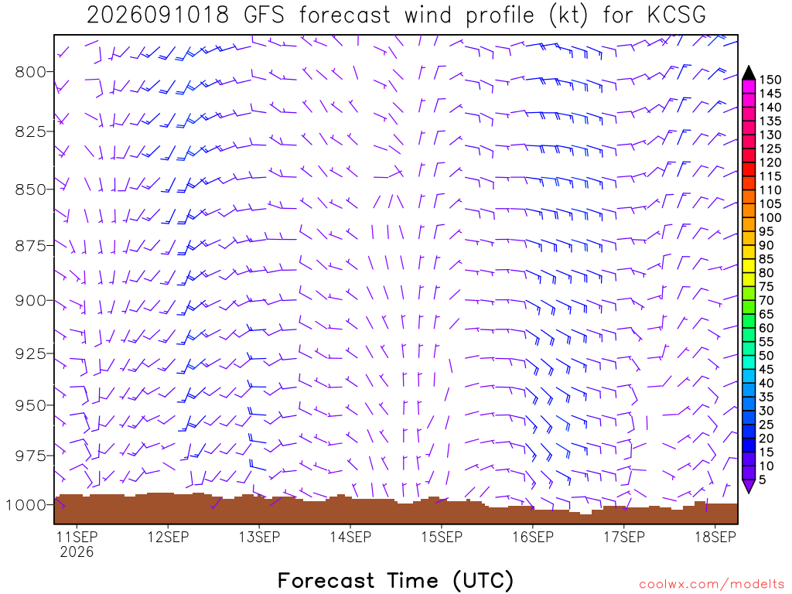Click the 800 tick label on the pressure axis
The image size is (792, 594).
(x=31, y=72)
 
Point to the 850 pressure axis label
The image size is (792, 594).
(x=31, y=190)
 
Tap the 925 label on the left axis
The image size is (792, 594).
(x=31, y=353)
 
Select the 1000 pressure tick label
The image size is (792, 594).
(x=26, y=504)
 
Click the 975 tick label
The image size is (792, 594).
(x=31, y=456)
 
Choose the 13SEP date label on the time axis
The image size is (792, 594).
(x=260, y=537)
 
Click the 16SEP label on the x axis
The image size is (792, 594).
(x=534, y=537)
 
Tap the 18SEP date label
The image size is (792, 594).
(x=715, y=537)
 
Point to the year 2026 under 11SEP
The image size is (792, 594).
(x=77, y=552)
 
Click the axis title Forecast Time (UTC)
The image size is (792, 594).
(x=395, y=580)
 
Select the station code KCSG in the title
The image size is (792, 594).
(x=677, y=15)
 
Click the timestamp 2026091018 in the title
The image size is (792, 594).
(x=158, y=15)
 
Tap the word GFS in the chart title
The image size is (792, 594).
(x=264, y=15)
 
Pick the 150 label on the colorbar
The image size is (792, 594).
(x=770, y=80)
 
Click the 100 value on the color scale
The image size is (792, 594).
(x=770, y=217)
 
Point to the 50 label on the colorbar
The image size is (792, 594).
(x=766, y=356)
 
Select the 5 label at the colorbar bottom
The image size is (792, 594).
(x=763, y=480)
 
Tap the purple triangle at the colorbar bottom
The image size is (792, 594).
(x=749, y=486)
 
